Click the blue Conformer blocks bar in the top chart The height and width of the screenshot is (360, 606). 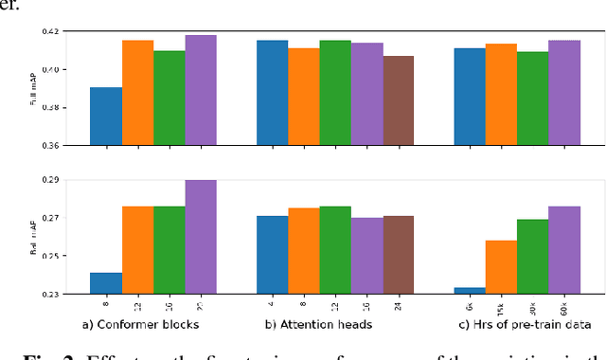click(x=106, y=116)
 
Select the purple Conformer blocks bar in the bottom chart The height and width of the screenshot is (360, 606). click(x=200, y=237)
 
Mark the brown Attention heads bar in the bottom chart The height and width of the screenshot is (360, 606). click(x=399, y=255)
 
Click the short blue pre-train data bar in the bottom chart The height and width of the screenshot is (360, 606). click(x=471, y=291)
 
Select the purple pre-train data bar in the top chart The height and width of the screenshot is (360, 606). click(x=564, y=93)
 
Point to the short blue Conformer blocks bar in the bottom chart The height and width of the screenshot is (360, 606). click(x=106, y=283)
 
